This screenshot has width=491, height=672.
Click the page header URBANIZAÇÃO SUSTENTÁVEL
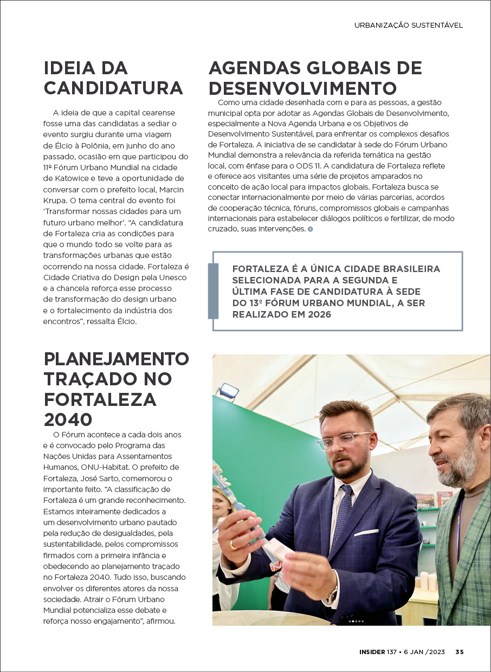(408, 25)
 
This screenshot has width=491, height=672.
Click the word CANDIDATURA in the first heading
(113, 88)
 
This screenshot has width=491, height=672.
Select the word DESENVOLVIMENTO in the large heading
(302, 88)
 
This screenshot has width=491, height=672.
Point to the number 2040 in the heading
(68, 418)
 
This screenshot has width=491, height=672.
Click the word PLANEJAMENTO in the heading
(116, 359)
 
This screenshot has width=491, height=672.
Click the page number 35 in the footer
(459, 652)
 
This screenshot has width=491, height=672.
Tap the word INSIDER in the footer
(372, 652)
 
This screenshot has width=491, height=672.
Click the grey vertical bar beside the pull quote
(213, 291)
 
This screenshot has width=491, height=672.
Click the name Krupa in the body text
(54, 201)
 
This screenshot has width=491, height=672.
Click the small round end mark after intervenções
(310, 229)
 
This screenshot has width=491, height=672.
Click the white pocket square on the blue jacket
(366, 532)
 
